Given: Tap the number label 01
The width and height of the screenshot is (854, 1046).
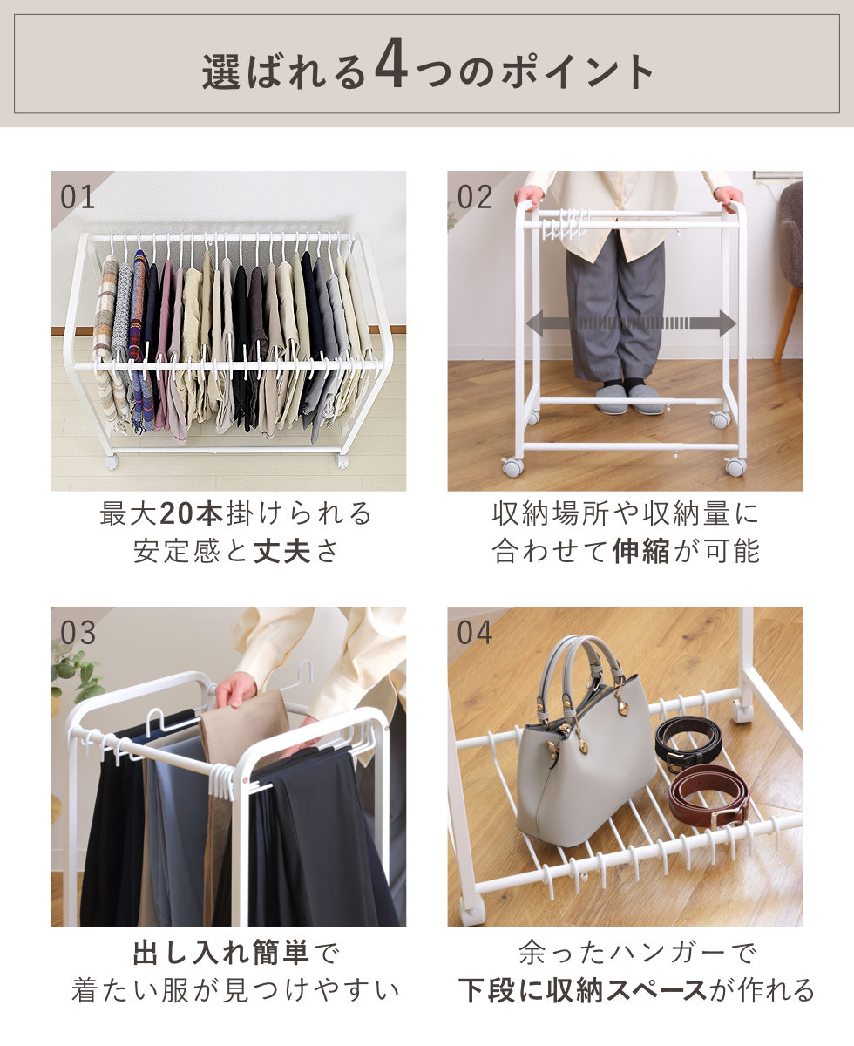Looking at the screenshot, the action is (78, 197).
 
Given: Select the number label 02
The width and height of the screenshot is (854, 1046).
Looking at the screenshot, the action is (475, 197).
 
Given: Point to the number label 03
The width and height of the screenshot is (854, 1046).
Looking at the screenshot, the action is (78, 634).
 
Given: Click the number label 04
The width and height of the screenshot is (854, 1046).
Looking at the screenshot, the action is (475, 634).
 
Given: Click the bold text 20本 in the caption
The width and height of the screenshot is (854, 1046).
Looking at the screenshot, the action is (192, 513).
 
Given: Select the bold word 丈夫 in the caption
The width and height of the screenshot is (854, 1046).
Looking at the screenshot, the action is (282, 551).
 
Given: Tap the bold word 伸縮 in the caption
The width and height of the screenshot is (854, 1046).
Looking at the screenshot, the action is (640, 551).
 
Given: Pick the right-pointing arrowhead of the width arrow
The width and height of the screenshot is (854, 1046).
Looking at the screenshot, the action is (728, 323).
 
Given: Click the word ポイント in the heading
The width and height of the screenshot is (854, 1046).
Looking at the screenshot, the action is (577, 72).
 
